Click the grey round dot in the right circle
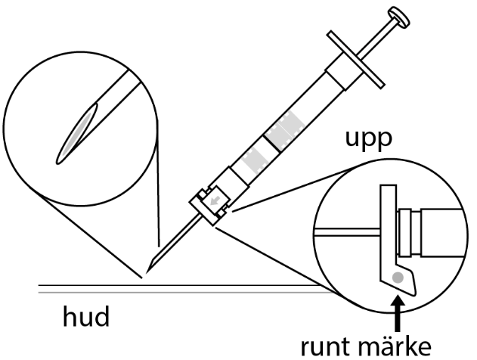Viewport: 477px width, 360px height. point(398,284)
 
